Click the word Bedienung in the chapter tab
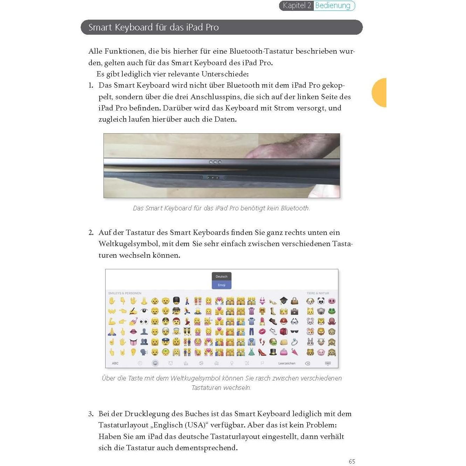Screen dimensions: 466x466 pos(332,6)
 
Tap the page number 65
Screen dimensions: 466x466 pos(352,461)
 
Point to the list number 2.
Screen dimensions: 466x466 pos(91,232)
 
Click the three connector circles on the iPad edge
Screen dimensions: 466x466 pos(215,162)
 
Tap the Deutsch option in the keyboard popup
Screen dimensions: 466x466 pos(221,277)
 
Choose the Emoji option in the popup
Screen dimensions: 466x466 pos(221,285)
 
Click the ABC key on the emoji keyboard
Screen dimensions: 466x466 pos(115,363)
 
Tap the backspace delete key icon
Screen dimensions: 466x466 pos(308,363)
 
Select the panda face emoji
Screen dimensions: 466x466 pos(321,301)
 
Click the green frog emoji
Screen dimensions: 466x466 pos(331,311)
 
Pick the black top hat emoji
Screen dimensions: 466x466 pos(273,352)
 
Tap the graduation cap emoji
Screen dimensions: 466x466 pos(283,300)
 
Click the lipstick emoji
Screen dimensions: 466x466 pos(262,321)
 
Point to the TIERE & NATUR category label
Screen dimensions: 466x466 pos(318,293)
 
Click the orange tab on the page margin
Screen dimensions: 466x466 pos(380,93)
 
